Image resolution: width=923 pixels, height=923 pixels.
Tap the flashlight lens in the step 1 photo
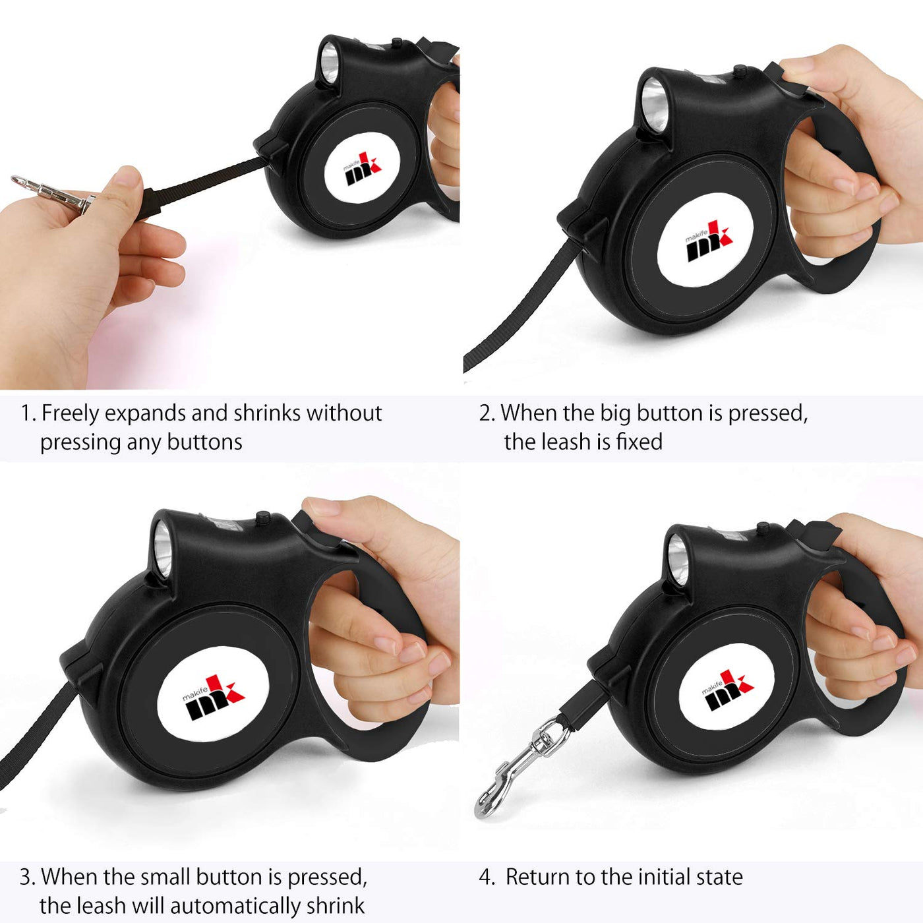[x=329, y=62]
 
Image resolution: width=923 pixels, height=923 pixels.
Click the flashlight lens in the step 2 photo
[x=654, y=105]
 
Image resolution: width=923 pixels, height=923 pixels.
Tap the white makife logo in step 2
[x=705, y=241]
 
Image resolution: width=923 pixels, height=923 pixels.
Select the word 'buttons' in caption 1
[x=204, y=442]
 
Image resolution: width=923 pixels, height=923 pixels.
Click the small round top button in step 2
[x=740, y=71]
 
